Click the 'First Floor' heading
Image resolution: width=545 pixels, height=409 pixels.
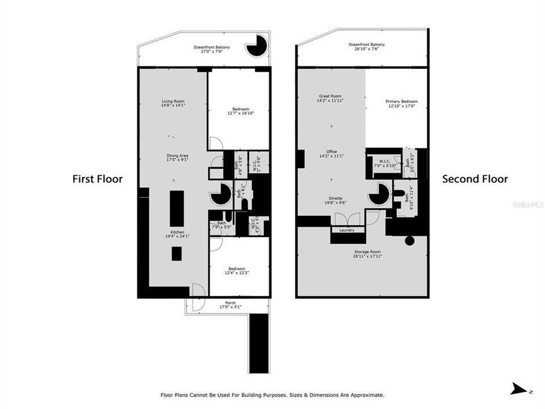pos(97,179)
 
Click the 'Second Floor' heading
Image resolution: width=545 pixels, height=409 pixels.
pos(475,179)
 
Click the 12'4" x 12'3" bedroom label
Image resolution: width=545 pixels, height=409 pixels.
pos(237,271)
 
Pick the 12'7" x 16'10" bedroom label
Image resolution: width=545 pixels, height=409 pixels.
pos(240,111)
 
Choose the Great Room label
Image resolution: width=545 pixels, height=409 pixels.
pos(330,98)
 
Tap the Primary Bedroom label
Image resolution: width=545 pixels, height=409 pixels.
pos(397,103)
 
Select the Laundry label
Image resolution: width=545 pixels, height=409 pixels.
pos(346,230)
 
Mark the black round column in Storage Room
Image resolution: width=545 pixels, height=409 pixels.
pos(409,240)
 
